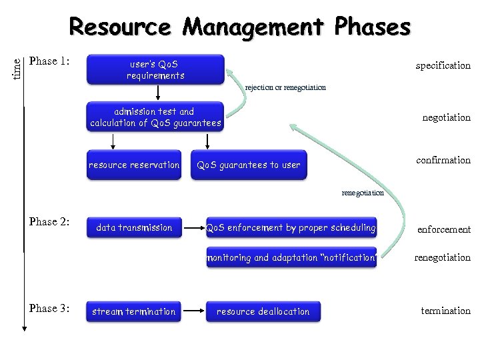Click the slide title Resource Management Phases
[x=240, y=27]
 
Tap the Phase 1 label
[x=49, y=61]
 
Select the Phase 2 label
[x=49, y=222]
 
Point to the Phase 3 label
[x=49, y=309]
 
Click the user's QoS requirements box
[x=156, y=70]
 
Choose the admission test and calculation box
[x=155, y=117]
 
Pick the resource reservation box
[x=134, y=165]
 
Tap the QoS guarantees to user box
[x=249, y=165]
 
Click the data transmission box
[x=134, y=228]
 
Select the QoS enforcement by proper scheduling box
[x=291, y=228]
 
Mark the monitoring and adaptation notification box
[x=291, y=257]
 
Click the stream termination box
[x=134, y=311]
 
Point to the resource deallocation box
[x=263, y=311]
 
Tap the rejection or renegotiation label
[x=285, y=87]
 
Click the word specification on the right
[x=443, y=65]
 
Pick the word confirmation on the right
[x=443, y=160]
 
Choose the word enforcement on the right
[x=443, y=229]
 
